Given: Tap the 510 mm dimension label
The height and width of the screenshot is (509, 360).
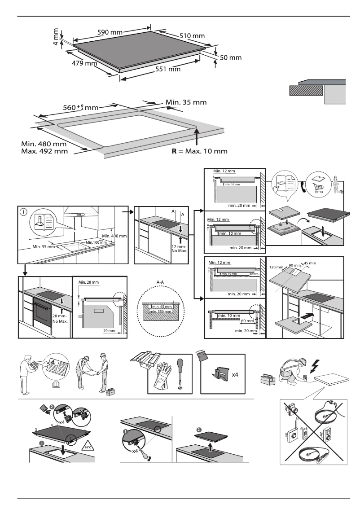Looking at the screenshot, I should point(192,36).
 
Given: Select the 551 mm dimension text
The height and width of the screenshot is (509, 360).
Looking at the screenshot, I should point(168,69).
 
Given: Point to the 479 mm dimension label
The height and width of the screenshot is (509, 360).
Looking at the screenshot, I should point(84,63).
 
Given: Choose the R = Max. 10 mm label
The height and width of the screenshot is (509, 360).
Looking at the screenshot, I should point(199,151).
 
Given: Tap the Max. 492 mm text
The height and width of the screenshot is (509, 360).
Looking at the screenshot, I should point(44,151).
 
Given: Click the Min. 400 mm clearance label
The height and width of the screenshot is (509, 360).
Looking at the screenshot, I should point(114,236).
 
